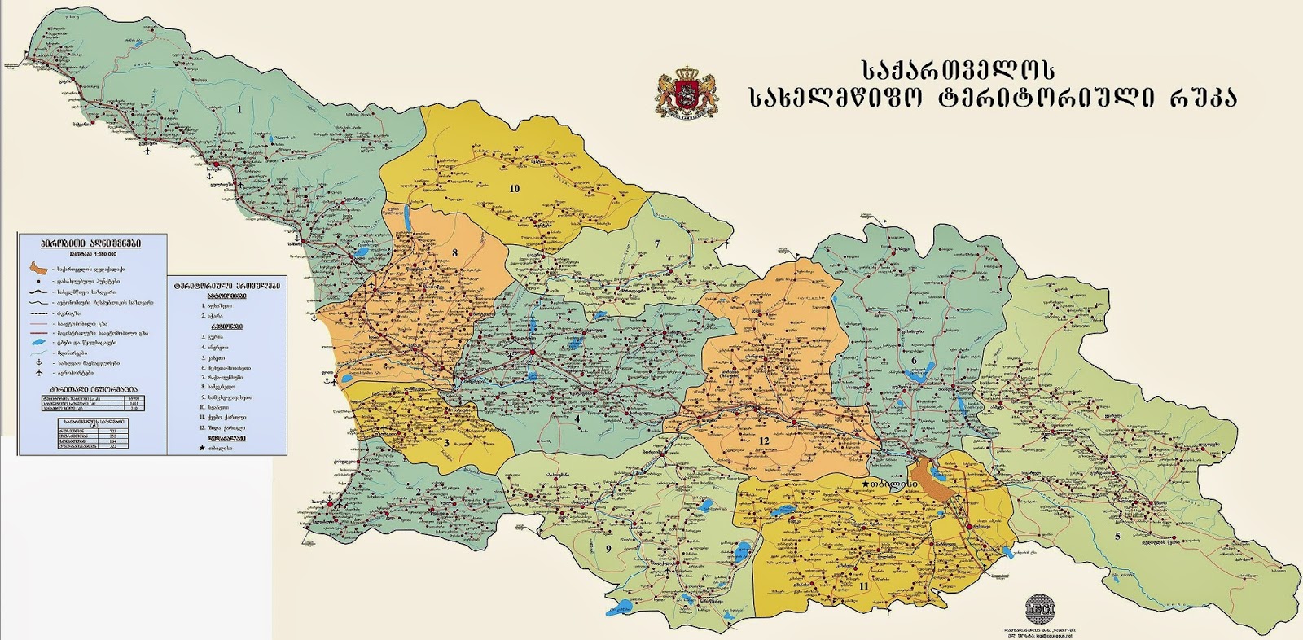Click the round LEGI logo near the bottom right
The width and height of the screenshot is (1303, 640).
tap(1040, 607)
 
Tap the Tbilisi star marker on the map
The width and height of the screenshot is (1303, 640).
tap(865, 484)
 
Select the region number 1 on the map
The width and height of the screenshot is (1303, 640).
tap(239, 108)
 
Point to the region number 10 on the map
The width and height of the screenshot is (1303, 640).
tap(514, 188)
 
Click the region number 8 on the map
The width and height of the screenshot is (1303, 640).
tap(454, 252)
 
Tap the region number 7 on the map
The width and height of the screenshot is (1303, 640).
tap(656, 243)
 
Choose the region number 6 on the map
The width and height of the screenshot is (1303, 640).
tap(914, 360)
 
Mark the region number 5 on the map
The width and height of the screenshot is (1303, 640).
tap(1117, 536)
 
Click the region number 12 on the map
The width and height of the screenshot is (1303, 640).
tap(764, 441)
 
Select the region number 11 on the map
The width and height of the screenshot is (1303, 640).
tap(863, 585)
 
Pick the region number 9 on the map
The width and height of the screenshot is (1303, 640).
tap(608, 548)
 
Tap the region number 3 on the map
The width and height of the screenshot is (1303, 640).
tap(446, 443)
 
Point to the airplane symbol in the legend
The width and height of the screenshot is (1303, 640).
tap(38, 373)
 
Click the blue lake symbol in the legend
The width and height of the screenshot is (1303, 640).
tap(38, 343)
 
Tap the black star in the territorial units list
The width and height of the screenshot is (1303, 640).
tap(202, 448)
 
